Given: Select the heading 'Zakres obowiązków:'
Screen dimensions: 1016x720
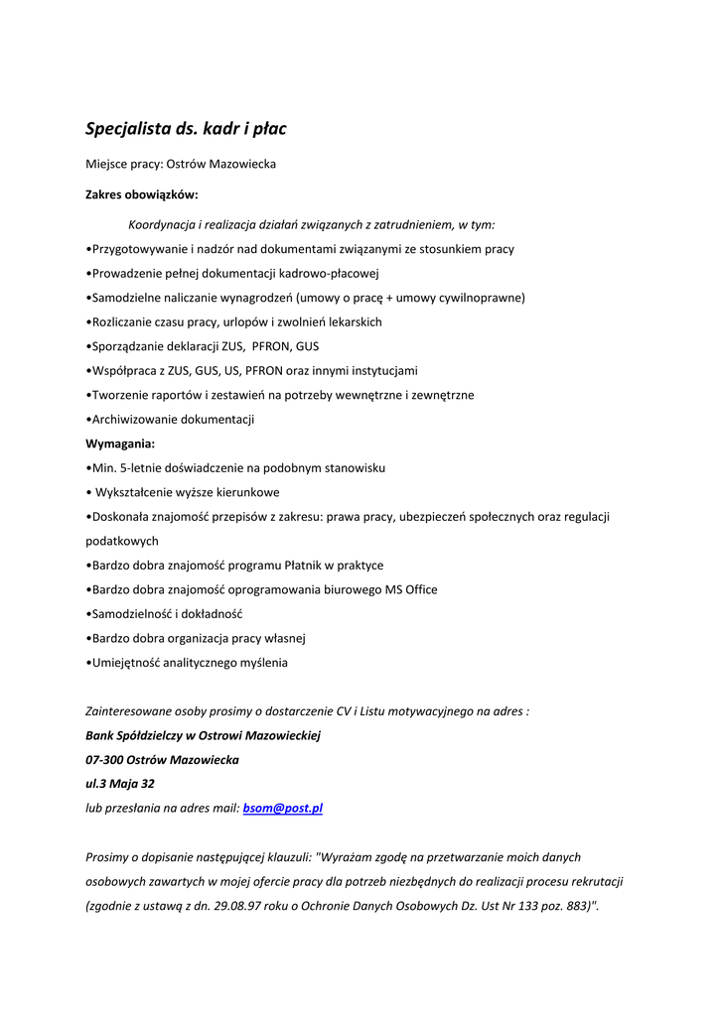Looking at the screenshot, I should point(142,194).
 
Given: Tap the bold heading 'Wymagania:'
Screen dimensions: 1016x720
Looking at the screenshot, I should point(120,444).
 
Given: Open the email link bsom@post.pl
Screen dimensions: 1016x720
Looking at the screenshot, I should point(283,808).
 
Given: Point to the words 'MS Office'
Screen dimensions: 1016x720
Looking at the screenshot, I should point(411,589).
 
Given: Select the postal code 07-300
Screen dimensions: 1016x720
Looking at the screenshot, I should point(106,760).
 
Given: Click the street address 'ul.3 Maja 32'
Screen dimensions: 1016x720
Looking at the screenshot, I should point(120,784).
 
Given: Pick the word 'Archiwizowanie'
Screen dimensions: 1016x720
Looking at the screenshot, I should point(133,420).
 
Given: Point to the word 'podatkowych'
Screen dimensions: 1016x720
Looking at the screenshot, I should point(122,541).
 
